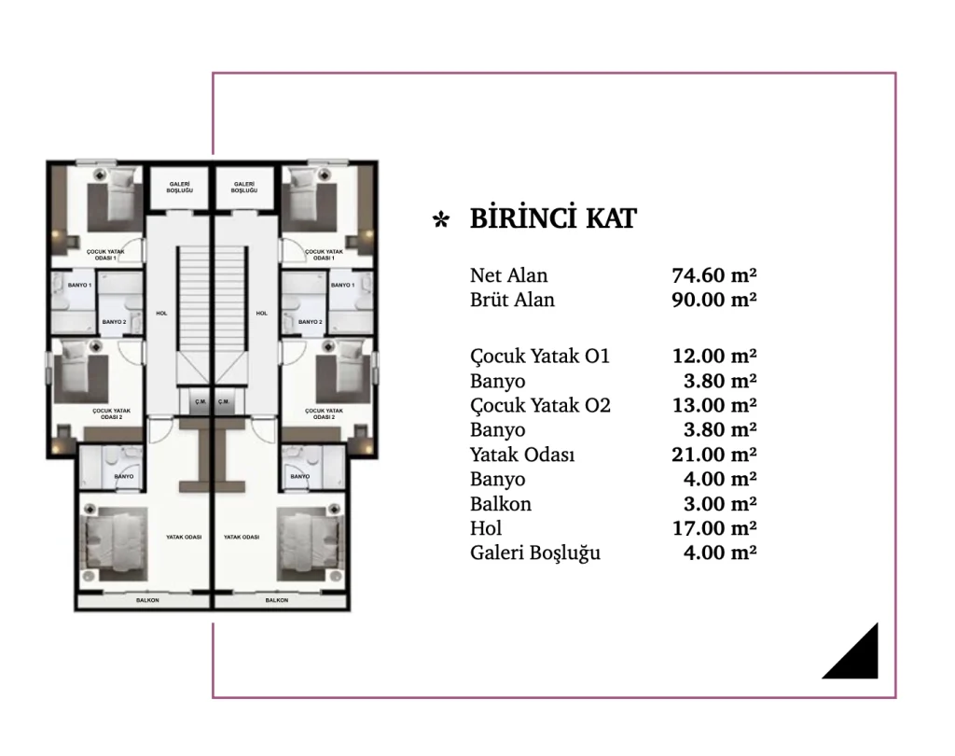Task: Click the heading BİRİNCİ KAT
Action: coord(553,218)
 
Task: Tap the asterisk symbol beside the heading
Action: coord(441,219)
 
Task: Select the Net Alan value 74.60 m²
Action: coord(713,275)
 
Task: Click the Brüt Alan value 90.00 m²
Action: coord(713,300)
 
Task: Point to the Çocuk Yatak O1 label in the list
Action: coord(540,357)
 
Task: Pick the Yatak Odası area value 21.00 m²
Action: coord(713,455)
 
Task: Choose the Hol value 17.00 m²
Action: coord(713,528)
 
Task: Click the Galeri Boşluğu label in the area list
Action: coord(535,553)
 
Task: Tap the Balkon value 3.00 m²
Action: coord(720,504)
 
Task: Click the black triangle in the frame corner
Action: coord(859,660)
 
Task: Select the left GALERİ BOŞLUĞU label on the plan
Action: coord(180,188)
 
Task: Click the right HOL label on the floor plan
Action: coord(262,314)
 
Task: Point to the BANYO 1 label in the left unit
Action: coord(80,286)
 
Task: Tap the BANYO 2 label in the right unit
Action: coord(310,322)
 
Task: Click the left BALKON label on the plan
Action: coord(147,600)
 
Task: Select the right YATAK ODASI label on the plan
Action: coord(242,537)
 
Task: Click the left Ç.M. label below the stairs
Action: coord(201,401)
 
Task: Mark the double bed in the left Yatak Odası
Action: coord(116,544)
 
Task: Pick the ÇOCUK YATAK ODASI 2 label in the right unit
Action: coord(324,414)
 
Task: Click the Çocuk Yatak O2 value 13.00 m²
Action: coord(713,405)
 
